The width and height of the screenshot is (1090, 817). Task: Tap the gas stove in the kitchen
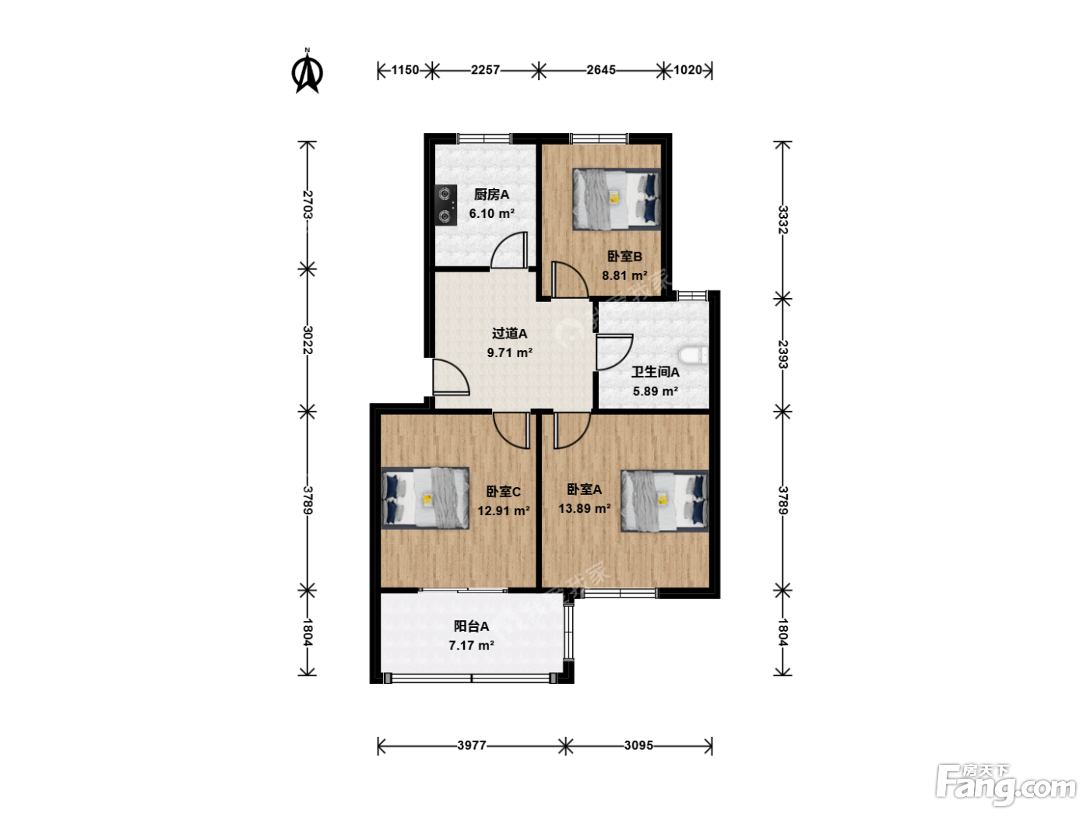coord(445,205)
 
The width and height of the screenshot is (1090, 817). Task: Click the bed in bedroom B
coord(617,199)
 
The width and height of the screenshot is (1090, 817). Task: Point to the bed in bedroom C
coord(425,497)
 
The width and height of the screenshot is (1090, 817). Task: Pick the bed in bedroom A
coord(664,500)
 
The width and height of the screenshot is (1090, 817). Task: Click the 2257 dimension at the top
coord(485,70)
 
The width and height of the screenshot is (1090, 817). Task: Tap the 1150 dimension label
coord(405,70)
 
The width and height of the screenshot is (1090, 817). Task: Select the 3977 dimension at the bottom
coord(472,745)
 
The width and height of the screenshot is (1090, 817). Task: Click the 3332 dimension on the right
coord(782,219)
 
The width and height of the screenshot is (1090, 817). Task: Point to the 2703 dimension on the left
coord(308,205)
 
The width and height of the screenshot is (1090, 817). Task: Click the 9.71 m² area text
coord(509,352)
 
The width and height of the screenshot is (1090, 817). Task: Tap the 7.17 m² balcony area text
coord(471,645)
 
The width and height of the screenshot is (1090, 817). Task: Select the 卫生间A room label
coord(655,372)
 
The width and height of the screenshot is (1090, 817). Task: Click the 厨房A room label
coord(491,195)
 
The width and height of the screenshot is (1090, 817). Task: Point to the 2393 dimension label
coord(782,354)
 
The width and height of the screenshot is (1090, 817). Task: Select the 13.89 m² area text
coord(585,508)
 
